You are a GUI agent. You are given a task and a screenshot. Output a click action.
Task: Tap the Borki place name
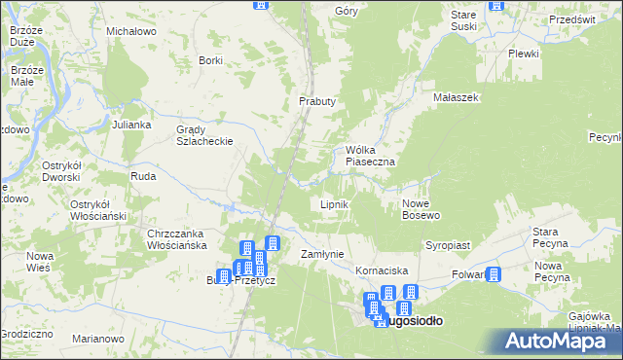point(210,60)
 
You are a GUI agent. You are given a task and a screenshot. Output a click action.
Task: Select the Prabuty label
point(316,101)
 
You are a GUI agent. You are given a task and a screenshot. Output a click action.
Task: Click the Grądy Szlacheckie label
point(203,135)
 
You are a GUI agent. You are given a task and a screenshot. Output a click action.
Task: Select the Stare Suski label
point(464,20)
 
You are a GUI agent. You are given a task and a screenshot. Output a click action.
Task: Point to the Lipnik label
point(335,205)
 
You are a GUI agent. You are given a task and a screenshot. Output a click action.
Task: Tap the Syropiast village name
point(448,246)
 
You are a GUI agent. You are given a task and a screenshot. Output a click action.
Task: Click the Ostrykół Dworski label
point(66,171)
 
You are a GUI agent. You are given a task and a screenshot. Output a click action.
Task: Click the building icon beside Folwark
point(493,275)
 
